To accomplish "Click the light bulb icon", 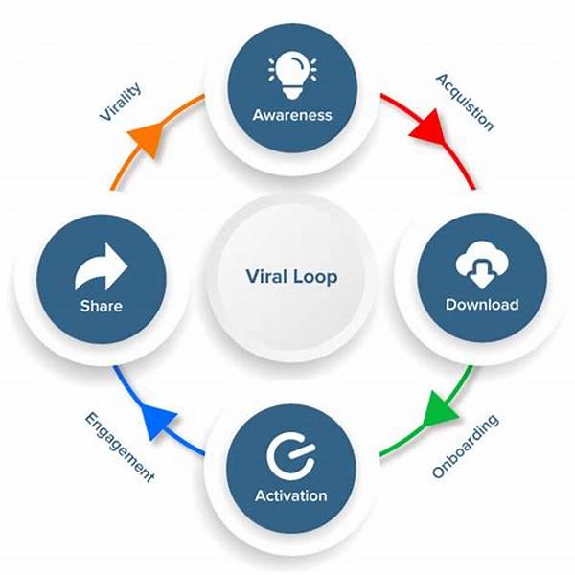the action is [292, 76].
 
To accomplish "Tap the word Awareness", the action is [292, 115].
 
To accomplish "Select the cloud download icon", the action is [482, 264].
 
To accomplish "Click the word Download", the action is [482, 305].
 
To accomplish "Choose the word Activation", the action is [291, 495].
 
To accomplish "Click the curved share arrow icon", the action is [102, 266].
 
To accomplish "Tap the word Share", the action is [102, 306].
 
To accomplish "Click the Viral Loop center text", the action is [291, 277].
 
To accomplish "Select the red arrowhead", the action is [429, 126].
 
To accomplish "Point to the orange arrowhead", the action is [148, 138].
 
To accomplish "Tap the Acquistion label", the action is [465, 103].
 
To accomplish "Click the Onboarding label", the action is [466, 447].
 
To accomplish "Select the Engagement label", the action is [120, 447].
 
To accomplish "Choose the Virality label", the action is [121, 102].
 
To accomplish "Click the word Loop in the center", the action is [315, 278].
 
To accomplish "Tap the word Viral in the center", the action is [266, 276].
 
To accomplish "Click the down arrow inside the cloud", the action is [482, 274].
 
